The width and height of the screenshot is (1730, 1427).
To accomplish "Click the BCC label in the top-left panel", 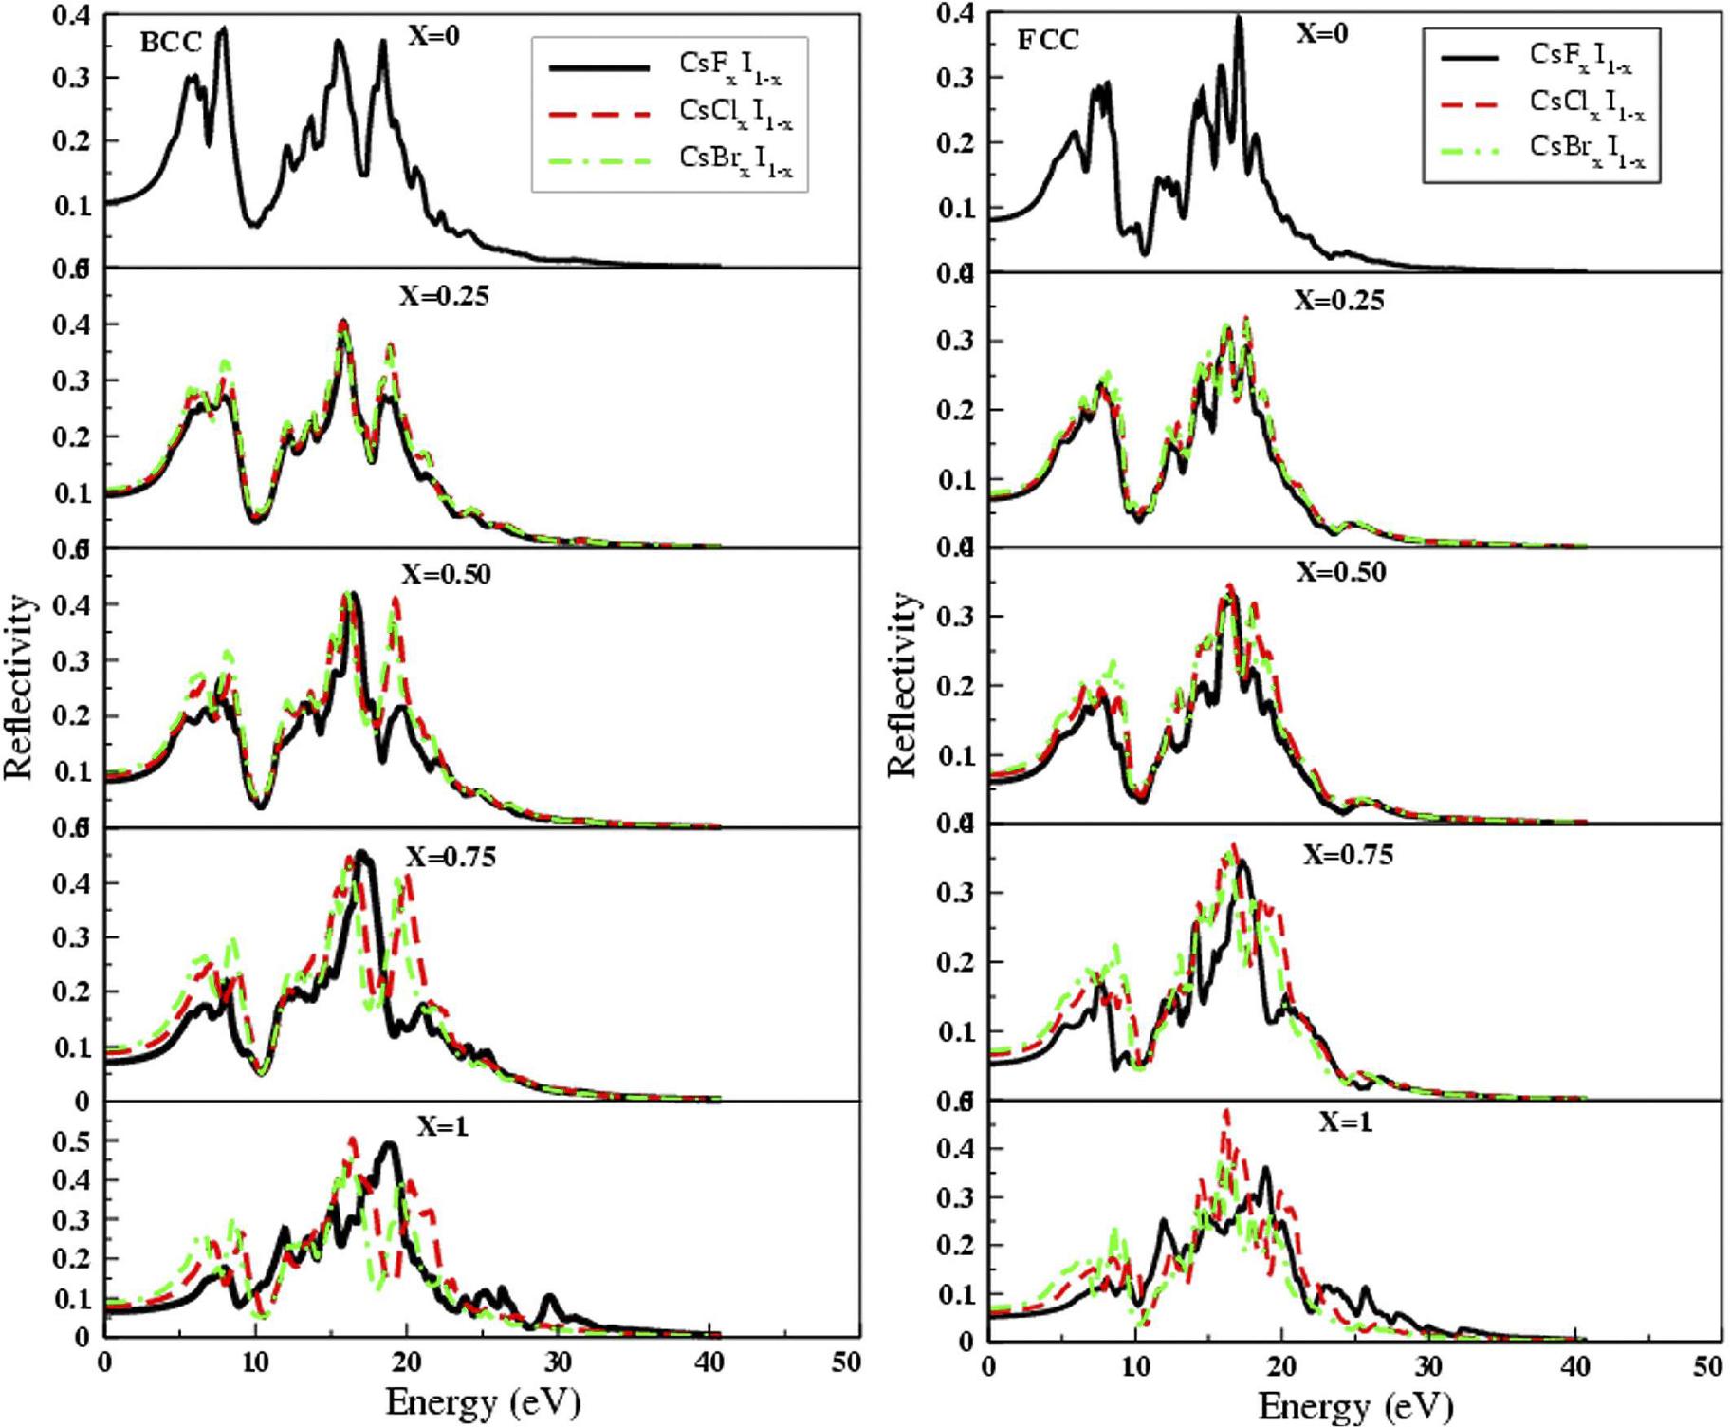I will point(171,44).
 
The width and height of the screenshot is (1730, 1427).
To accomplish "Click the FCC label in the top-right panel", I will point(1049,41).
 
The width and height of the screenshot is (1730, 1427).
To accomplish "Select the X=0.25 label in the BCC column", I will point(444,296).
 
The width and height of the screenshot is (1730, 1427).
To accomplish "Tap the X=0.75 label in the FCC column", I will point(1347,855).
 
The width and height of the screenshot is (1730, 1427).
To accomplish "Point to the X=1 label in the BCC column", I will point(443,1126).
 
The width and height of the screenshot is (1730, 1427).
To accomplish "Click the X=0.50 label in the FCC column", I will point(1340,572).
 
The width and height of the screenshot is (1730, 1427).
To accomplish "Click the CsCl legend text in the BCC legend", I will point(735,113).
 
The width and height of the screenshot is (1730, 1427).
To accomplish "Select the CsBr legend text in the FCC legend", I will point(1587,149).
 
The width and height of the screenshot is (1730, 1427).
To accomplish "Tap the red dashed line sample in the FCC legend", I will point(1469,102).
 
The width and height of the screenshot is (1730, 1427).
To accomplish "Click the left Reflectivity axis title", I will point(21,688).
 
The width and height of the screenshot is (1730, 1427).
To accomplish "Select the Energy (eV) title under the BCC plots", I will point(483,1401).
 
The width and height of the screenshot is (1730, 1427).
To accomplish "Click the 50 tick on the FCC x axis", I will point(1706,1367).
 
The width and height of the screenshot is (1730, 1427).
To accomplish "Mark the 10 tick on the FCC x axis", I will point(1135,1367).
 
